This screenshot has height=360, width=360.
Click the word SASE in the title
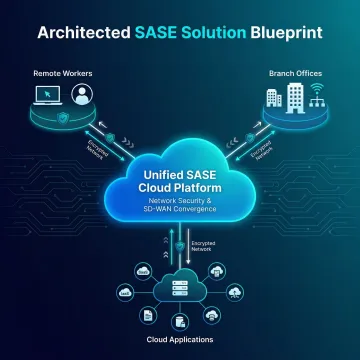click(x=157, y=31)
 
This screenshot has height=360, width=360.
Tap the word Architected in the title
click(x=81, y=31)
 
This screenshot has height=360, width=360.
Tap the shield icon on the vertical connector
click(x=178, y=245)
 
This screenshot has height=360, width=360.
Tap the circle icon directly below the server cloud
click(x=180, y=322)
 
